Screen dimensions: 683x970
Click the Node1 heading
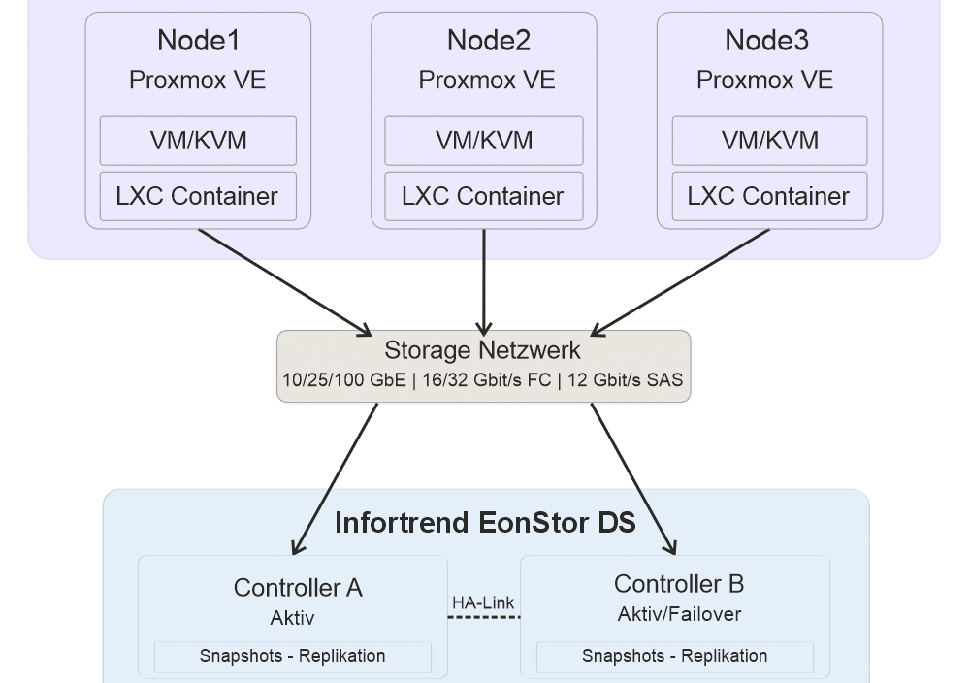(x=198, y=41)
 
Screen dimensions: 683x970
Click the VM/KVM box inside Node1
(x=198, y=141)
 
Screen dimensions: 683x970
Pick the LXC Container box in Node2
(x=483, y=196)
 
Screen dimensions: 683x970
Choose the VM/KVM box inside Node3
(x=769, y=141)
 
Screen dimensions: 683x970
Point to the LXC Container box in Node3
(x=769, y=196)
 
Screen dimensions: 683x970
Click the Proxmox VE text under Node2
(x=486, y=80)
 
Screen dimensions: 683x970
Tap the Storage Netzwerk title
(x=483, y=350)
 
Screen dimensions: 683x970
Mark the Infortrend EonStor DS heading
(x=485, y=523)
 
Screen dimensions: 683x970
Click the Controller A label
(x=298, y=587)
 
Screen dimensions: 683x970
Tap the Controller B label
(x=679, y=584)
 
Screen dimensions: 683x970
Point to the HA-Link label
(x=483, y=602)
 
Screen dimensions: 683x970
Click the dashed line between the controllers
(x=484, y=617)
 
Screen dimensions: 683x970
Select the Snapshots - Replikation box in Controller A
(x=292, y=656)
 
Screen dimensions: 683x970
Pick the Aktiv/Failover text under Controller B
(x=679, y=614)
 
